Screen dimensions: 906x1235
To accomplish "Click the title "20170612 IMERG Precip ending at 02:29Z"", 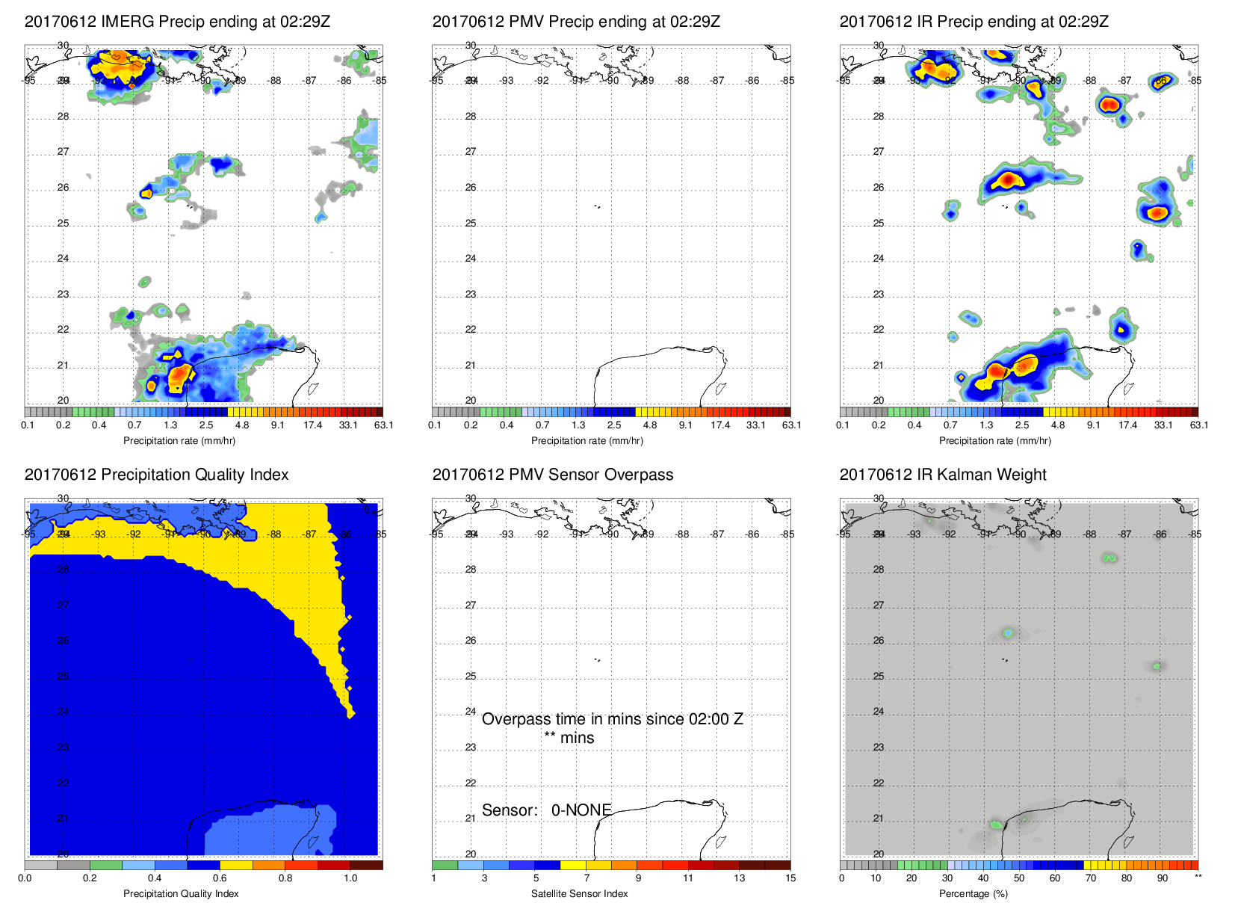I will click(177, 22).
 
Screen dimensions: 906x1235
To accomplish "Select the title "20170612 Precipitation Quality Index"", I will click(156, 475).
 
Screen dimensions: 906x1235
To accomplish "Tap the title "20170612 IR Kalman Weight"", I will click(942, 475).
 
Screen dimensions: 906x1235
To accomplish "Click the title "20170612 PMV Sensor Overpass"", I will click(552, 475).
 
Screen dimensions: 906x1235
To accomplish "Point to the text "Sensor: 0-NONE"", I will click(546, 810).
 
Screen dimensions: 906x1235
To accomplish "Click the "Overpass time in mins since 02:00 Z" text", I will click(612, 719).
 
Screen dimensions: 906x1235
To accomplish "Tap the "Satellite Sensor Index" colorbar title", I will click(579, 893).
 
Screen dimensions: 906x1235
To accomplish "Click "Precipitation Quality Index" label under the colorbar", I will click(181, 893).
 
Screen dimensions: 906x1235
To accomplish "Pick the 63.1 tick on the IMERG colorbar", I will click(383, 425).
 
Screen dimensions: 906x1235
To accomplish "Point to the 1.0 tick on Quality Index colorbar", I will click(350, 878).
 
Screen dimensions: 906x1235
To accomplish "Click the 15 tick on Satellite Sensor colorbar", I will click(790, 878).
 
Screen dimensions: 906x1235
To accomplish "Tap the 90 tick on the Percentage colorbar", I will click(1162, 878).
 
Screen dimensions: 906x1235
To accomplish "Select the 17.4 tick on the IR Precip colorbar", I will click(1127, 425).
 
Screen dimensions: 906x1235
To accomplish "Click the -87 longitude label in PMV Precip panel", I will click(717, 81).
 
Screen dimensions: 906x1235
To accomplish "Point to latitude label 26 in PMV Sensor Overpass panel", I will click(471, 641).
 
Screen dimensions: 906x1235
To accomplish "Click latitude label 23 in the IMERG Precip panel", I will click(64, 295).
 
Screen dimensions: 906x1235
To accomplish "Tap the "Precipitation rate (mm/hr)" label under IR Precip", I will click(994, 440).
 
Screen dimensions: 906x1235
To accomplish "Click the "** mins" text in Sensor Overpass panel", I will click(569, 738).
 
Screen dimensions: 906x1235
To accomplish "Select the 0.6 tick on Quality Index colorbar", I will click(220, 878).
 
